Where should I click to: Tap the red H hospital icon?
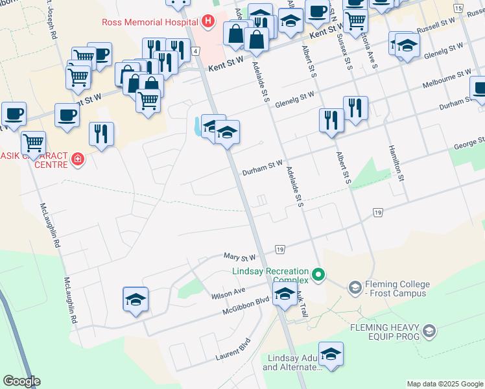[x=207, y=22]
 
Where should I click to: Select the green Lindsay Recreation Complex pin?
[x=318, y=275]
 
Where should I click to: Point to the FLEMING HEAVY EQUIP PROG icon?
[x=428, y=332]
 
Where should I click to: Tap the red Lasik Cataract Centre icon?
[x=78, y=158]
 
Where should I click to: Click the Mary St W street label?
[x=240, y=257]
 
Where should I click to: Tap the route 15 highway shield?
[x=458, y=8]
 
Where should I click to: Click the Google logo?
[x=21, y=381]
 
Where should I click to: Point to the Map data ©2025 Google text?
[x=444, y=384]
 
